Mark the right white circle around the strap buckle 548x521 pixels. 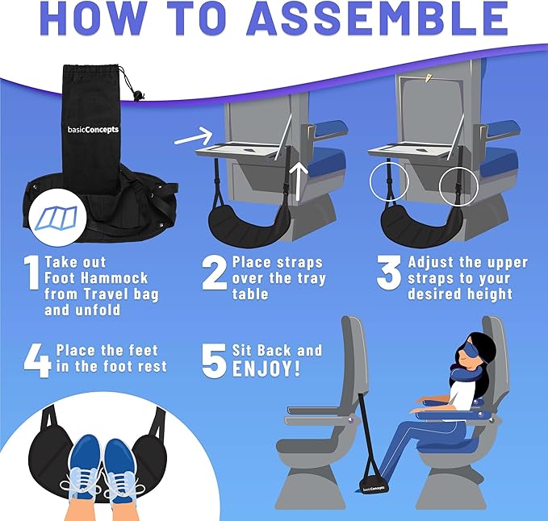458,188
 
